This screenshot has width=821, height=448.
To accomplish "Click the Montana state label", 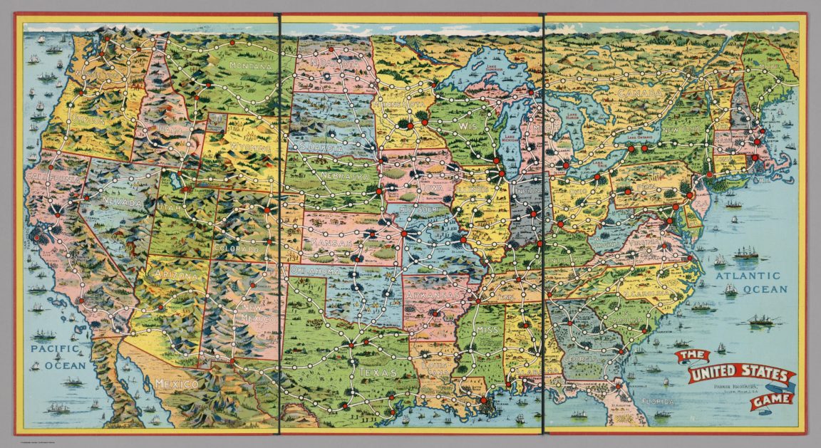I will [251, 66].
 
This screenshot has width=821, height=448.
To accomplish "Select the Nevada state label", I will [123, 202].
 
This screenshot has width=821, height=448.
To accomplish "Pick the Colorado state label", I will [234, 250].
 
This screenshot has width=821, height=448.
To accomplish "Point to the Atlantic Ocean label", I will [750, 283].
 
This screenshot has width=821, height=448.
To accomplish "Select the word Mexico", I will [176, 385].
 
